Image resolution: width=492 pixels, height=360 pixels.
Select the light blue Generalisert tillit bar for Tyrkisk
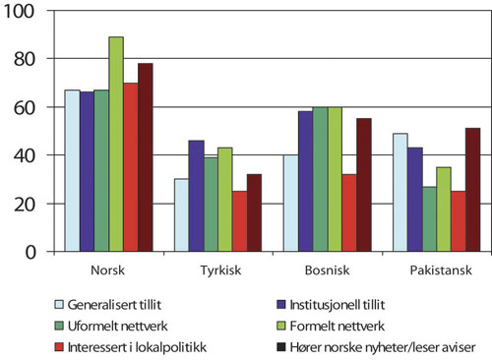point(181,215)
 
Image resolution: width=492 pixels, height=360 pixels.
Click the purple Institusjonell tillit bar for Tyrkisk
point(196,196)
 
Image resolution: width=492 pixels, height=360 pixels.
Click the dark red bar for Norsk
point(145,157)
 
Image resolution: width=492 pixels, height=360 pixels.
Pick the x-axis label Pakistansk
point(433,270)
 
